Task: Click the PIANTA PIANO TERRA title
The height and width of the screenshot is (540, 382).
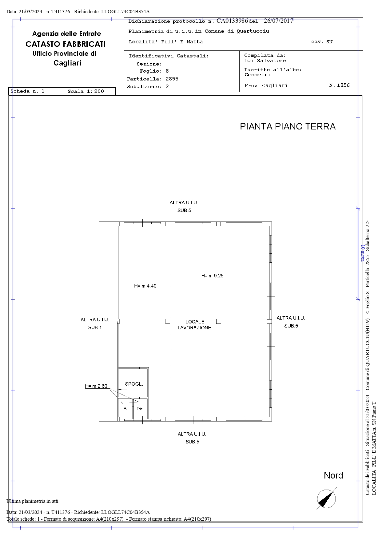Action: (x=288, y=126)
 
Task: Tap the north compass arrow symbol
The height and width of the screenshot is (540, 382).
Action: (x=326, y=499)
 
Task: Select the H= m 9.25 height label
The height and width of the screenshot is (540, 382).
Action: (x=212, y=276)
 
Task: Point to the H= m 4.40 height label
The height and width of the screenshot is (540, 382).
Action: (x=145, y=286)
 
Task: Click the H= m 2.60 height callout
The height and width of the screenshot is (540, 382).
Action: (x=96, y=386)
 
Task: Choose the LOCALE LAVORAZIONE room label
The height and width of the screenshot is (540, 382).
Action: (x=194, y=325)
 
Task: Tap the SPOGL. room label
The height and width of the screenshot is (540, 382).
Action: (x=134, y=384)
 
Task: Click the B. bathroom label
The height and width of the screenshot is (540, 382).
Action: (x=125, y=409)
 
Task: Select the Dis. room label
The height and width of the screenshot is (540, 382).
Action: (x=141, y=409)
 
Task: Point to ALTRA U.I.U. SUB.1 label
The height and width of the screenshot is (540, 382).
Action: (x=95, y=324)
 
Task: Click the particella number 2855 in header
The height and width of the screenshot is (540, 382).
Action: (x=172, y=79)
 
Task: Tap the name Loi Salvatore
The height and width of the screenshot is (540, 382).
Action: (x=265, y=61)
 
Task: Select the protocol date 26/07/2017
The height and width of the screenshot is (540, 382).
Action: (x=279, y=21)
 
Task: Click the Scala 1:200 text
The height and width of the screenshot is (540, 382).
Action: (x=86, y=91)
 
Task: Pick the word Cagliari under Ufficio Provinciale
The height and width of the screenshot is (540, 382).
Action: (x=67, y=63)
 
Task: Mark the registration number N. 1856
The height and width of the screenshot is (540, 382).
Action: (x=340, y=85)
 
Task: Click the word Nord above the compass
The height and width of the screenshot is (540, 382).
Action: (x=333, y=475)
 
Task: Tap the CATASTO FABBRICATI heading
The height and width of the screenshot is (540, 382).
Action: (x=66, y=44)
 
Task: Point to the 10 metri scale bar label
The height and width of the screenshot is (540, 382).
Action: (x=363, y=254)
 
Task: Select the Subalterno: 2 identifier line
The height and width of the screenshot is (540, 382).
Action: (x=148, y=87)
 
